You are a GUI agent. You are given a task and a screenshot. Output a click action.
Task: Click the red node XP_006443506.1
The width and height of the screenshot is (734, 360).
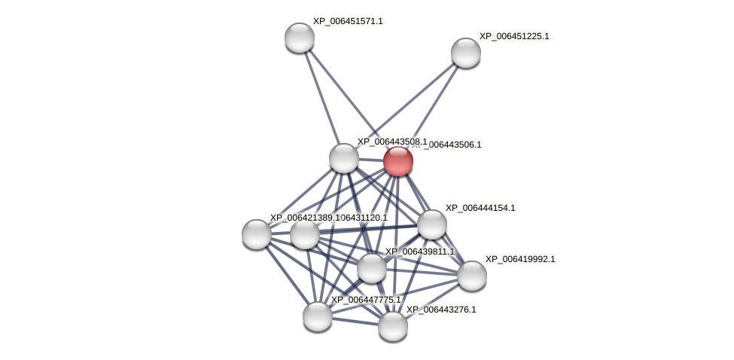(x=397, y=161)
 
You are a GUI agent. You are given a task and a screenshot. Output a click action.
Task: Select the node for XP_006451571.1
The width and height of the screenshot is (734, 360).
(x=299, y=38)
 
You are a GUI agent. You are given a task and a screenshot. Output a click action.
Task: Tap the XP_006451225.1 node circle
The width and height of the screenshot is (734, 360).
(x=465, y=53)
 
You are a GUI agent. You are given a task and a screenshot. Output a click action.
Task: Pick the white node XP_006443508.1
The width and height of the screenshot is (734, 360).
(x=343, y=158)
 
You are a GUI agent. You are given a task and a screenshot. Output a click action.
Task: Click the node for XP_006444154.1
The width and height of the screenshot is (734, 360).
(x=431, y=224)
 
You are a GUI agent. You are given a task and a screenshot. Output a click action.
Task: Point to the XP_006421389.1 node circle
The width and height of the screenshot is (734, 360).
(x=257, y=234)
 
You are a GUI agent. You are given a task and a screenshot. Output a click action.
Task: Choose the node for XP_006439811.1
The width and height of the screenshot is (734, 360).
(x=371, y=268)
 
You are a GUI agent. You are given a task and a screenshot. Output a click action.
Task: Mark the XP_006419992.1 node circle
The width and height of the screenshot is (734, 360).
(x=471, y=276)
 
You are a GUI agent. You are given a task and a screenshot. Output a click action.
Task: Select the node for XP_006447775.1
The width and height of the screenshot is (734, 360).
(x=317, y=316)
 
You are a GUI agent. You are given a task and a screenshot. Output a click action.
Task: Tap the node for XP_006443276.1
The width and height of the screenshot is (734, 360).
(x=392, y=326)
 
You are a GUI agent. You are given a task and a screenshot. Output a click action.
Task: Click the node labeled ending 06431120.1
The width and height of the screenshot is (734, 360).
(x=304, y=234)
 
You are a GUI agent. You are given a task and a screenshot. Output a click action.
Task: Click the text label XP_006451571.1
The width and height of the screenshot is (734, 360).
(x=347, y=21)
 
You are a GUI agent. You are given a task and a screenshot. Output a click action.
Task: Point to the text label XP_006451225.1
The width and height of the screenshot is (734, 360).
(x=513, y=36)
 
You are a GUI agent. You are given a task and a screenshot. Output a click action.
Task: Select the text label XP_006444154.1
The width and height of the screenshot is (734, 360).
(x=480, y=208)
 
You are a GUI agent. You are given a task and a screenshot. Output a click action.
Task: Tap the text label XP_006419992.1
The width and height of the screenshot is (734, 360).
(x=519, y=259)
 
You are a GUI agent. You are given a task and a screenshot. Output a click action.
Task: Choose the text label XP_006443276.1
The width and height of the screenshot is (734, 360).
(x=440, y=310)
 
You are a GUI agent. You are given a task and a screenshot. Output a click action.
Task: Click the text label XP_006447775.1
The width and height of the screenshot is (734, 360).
(x=366, y=300)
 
